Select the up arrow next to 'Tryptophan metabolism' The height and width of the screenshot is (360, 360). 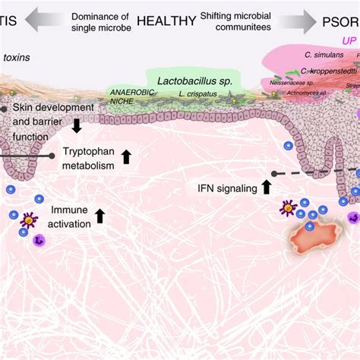pyautogui.click(x=126, y=158)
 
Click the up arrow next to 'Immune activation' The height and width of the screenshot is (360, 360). pyautogui.click(x=100, y=216)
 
